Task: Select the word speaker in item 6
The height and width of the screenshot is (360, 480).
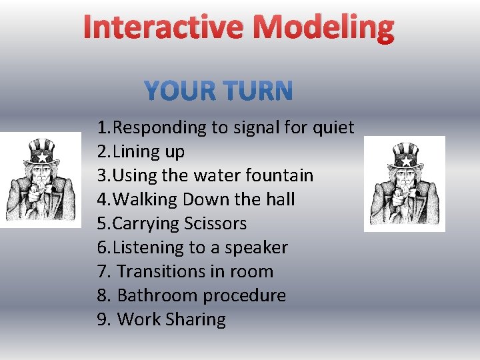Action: (256, 247)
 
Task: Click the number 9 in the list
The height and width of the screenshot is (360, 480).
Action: (102, 319)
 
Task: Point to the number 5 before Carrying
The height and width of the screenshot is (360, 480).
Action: (102, 223)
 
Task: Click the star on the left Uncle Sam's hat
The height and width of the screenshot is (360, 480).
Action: (42, 158)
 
